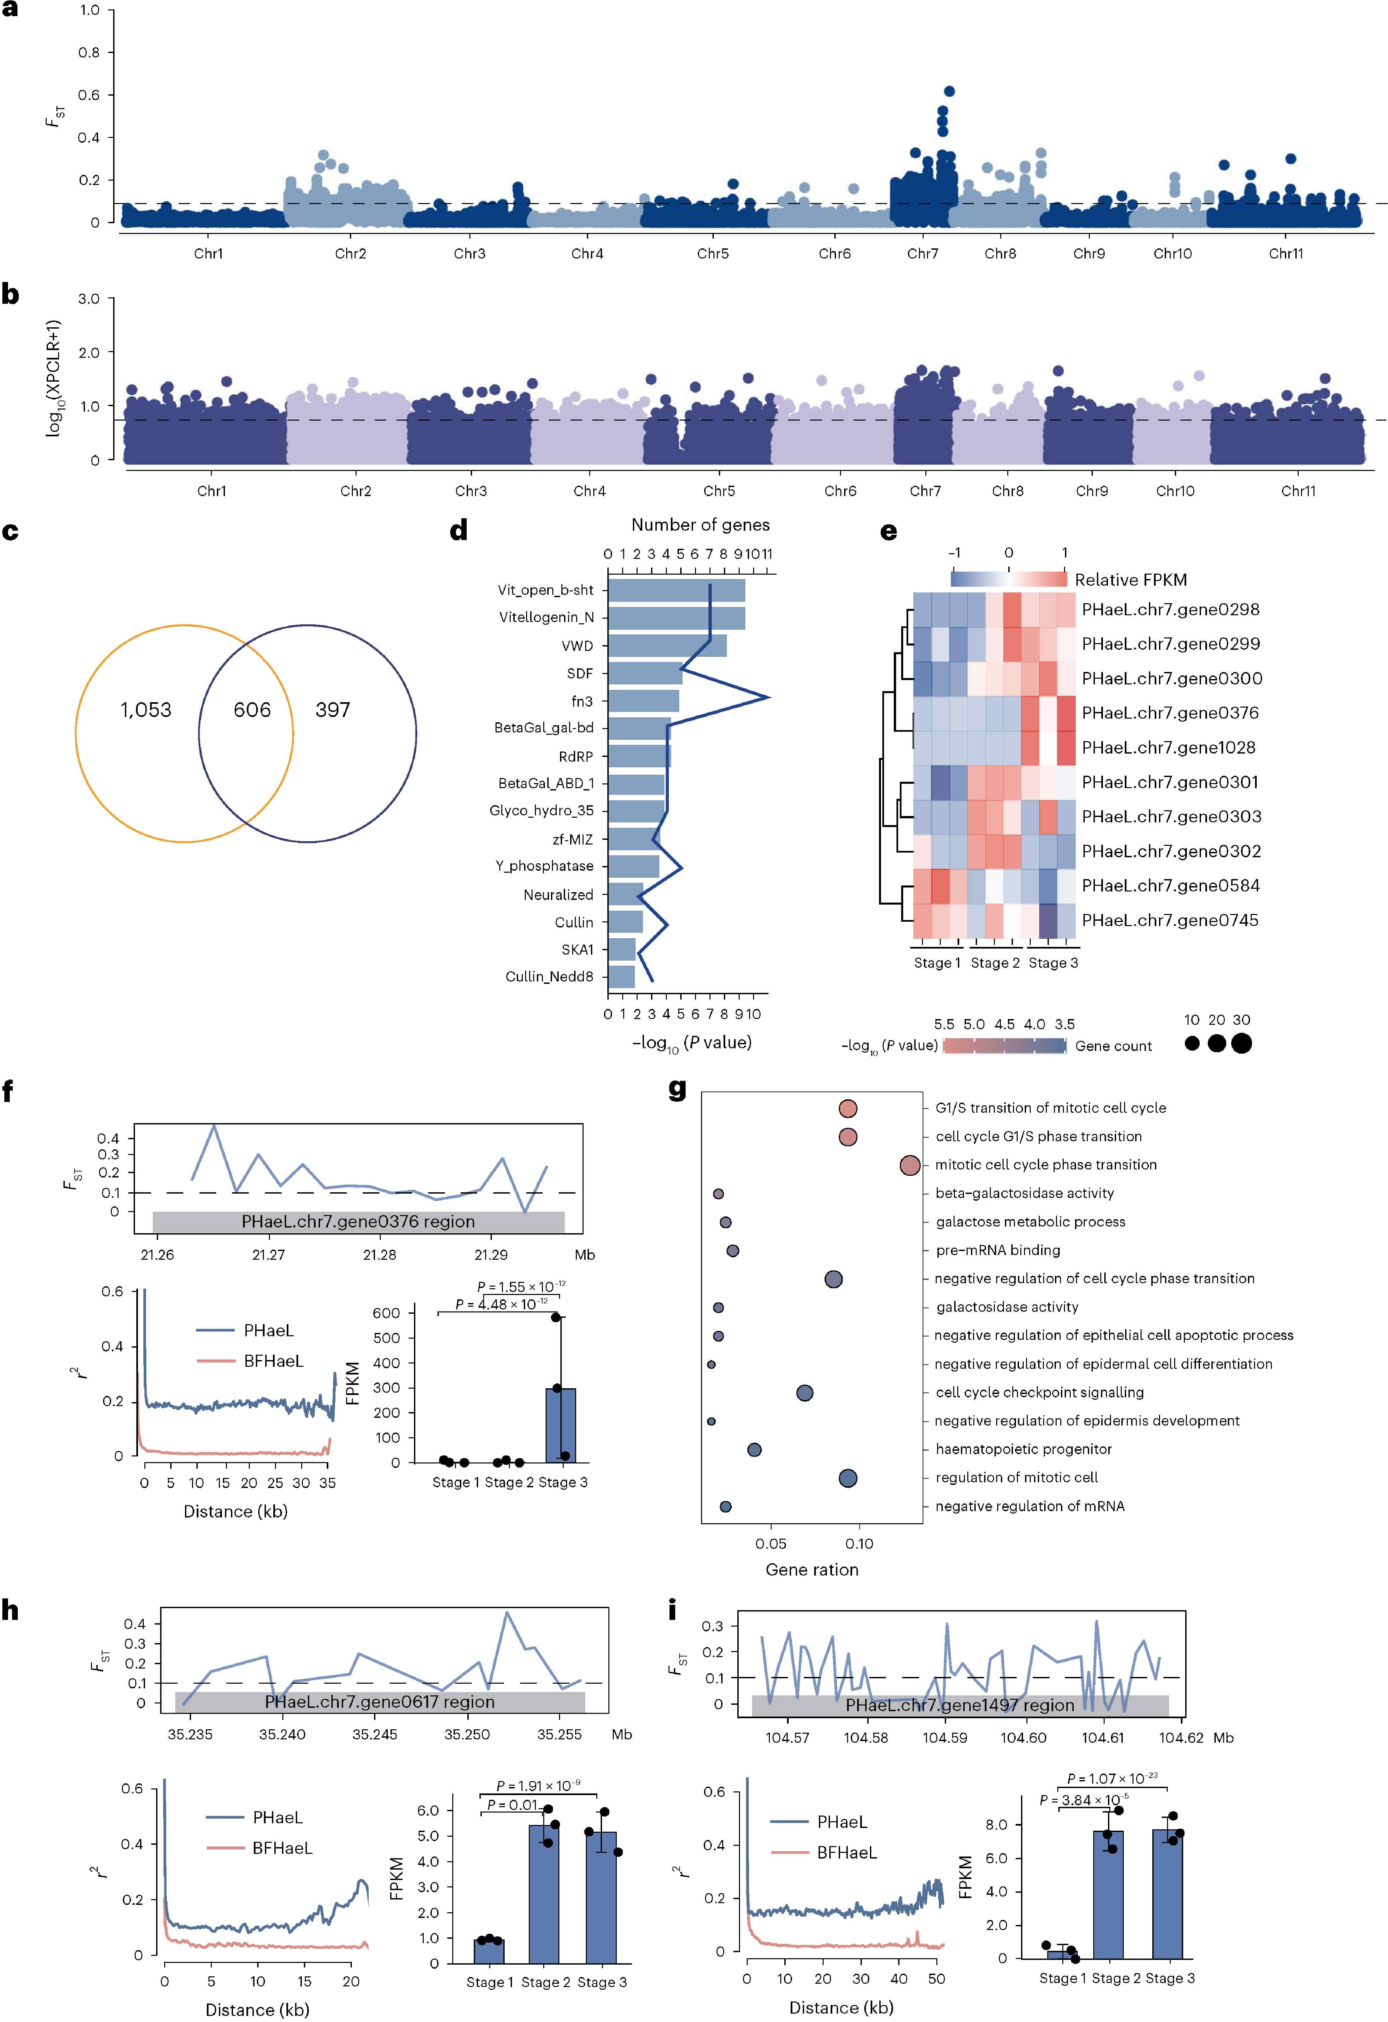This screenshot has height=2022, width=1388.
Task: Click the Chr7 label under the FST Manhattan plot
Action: (x=922, y=253)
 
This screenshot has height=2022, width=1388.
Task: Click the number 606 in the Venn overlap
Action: (x=252, y=710)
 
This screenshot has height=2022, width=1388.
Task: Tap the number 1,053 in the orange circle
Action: (x=146, y=710)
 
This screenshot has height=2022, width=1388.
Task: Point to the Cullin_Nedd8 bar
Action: (x=621, y=976)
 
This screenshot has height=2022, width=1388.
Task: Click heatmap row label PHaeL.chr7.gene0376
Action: (x=1169, y=713)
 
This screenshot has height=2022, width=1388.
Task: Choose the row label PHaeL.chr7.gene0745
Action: (x=1169, y=920)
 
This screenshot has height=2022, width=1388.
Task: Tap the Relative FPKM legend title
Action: (x=1130, y=579)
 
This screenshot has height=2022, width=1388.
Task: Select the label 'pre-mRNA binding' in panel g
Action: (x=998, y=1250)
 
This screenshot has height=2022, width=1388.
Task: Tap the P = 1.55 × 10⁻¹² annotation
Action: (x=521, y=1286)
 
